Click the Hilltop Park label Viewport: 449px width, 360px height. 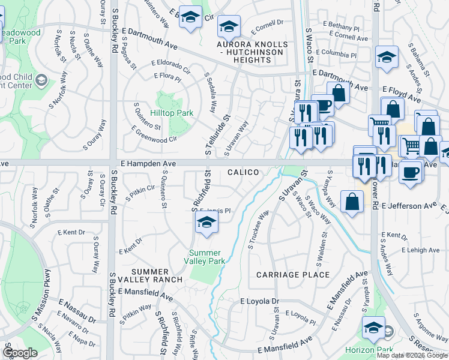click(x=172, y=112)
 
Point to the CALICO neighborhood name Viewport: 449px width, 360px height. click(x=243, y=172)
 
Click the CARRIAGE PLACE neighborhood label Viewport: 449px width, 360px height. click(x=293, y=275)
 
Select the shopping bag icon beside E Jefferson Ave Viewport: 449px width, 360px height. click(x=351, y=202)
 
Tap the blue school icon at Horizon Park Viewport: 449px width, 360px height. click(x=373, y=328)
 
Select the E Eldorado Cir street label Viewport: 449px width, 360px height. click(x=170, y=66)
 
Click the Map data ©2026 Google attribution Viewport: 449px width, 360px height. click(x=412, y=355)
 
